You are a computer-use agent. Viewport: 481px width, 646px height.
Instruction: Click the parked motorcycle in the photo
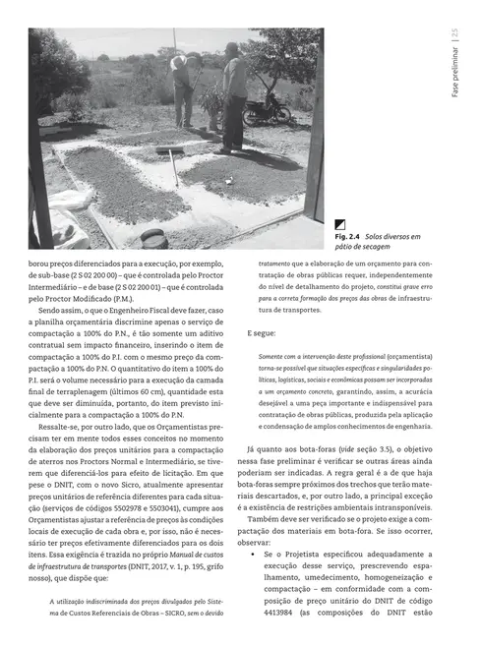tap(269, 106)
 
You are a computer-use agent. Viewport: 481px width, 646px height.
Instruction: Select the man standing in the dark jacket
tap(234, 98)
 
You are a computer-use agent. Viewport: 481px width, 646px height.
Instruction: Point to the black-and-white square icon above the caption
tap(340, 224)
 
